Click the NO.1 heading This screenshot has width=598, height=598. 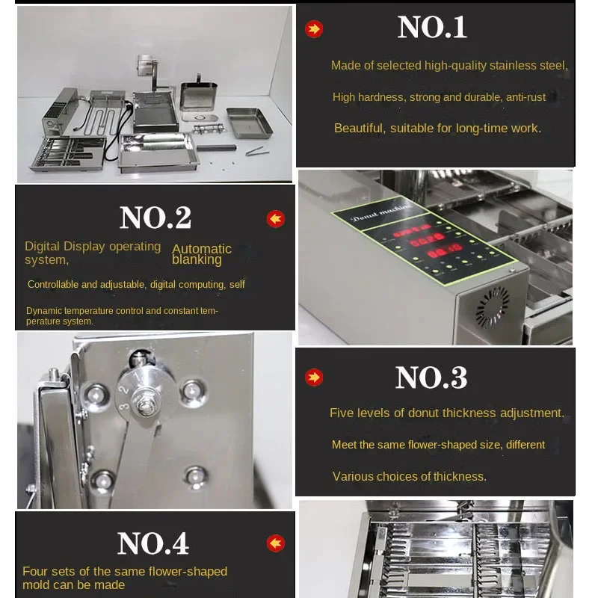pos(432,28)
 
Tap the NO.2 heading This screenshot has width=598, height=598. pos(155,218)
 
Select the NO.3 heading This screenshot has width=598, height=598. pos(431,377)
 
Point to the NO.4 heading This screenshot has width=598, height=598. pos(153,543)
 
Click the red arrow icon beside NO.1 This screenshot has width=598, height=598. pos(314,29)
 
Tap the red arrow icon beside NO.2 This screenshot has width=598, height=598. pos(275,219)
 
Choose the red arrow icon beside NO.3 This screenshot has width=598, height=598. pos(314,377)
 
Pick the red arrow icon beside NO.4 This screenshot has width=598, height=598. pos(275,543)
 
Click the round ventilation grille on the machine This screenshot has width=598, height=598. pos(493,307)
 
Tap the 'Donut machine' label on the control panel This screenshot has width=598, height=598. pos(381,213)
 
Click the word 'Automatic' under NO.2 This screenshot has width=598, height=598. pos(202,249)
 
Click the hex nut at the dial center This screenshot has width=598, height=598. pos(146,406)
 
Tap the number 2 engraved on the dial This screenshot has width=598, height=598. pos(123,389)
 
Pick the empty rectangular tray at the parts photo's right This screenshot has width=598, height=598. pos(250,123)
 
